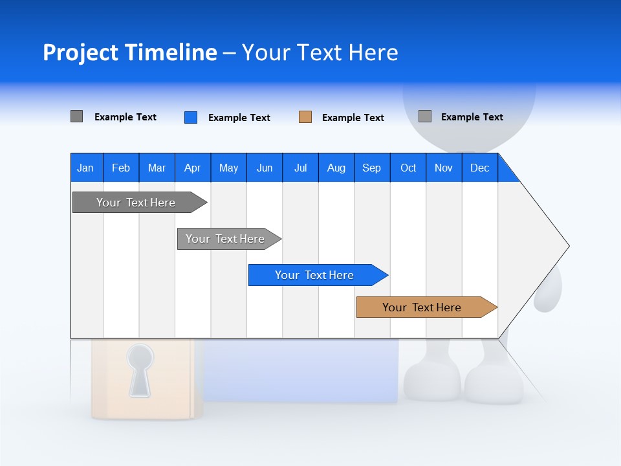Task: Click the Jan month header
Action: [86, 168]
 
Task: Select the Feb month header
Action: [121, 168]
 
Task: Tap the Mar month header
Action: [157, 168]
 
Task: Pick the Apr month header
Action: [193, 168]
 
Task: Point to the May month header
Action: [228, 168]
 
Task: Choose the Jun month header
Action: [265, 168]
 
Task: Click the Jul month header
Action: [300, 168]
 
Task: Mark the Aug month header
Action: [336, 168]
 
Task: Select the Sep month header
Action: [372, 168]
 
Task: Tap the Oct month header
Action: [408, 168]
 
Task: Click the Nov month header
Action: [444, 168]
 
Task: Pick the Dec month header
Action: [480, 168]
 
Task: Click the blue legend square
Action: [191, 117]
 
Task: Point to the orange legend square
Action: [305, 117]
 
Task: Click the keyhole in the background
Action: [140, 369]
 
